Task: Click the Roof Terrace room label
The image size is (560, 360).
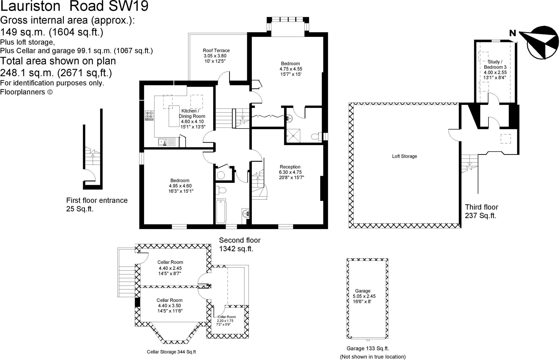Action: point(216,50)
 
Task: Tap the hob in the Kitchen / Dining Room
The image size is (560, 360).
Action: point(149,115)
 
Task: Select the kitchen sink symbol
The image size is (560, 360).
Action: point(166,142)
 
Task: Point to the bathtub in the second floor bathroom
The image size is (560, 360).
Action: point(221,211)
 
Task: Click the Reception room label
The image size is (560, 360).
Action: point(290,167)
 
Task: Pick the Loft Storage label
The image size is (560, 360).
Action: point(404,156)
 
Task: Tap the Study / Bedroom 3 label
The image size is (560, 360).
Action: point(495,65)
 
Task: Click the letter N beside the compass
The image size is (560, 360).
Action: point(512,33)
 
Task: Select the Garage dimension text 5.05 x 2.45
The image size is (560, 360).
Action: point(364,296)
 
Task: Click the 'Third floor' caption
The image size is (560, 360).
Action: point(482,207)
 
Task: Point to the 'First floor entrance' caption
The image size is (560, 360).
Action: point(97,200)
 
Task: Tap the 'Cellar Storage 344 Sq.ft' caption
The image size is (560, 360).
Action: point(171,352)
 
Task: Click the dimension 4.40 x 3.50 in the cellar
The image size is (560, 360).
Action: point(169,306)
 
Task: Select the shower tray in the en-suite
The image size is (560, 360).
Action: point(293,136)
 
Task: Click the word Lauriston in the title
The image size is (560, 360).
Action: point(30,6)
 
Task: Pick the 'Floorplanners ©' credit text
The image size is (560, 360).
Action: point(26,92)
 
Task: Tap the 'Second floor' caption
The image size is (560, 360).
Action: point(240,240)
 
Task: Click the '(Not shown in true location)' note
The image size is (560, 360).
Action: point(373,357)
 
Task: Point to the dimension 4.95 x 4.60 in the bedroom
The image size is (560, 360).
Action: point(180,186)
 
